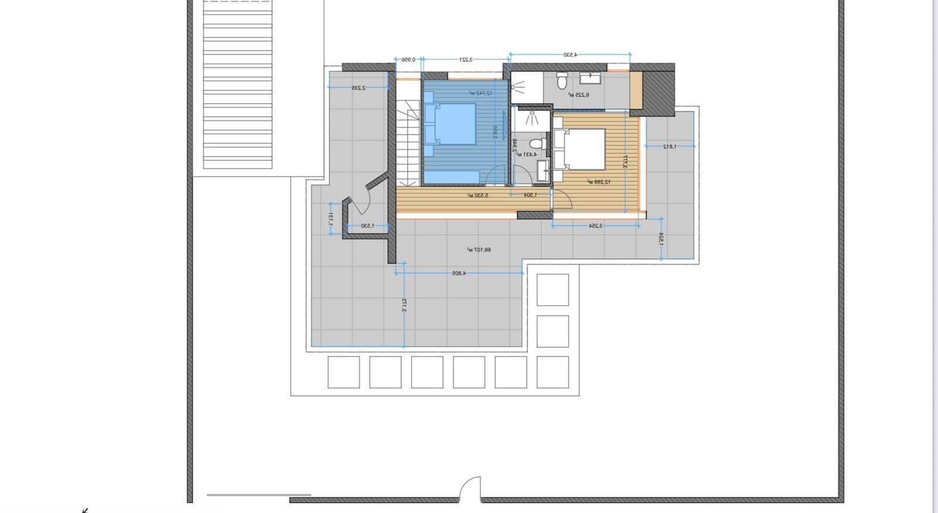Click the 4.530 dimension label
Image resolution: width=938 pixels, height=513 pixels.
(x=570, y=55)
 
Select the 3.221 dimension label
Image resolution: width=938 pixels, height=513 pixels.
(x=465, y=59)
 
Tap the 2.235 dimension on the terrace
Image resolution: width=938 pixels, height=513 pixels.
(x=358, y=87)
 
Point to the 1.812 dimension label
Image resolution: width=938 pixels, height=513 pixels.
(x=669, y=146)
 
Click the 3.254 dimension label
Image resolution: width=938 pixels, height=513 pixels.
(x=594, y=225)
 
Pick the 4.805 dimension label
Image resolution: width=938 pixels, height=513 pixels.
(x=458, y=273)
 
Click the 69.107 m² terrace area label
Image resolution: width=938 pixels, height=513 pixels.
(x=479, y=249)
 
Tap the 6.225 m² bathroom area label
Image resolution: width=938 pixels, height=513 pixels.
(x=578, y=95)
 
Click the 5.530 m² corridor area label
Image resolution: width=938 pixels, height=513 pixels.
(x=478, y=195)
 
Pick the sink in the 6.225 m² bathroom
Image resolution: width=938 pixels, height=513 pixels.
(x=588, y=77)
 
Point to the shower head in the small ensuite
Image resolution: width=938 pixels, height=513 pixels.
(x=532, y=118)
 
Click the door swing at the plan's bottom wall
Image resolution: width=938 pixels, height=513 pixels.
(x=470, y=488)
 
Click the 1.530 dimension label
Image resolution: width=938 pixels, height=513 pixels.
(x=366, y=225)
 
